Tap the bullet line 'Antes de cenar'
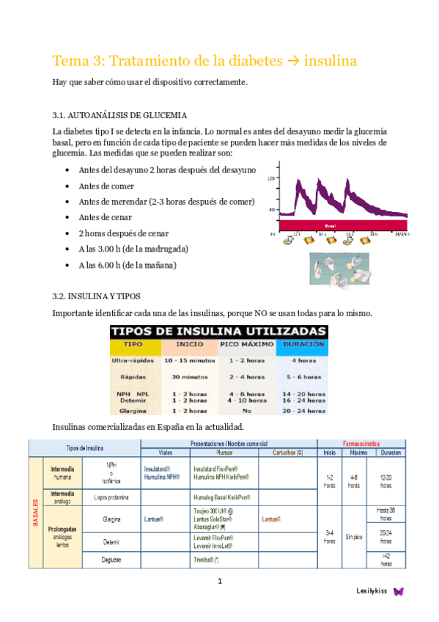[x=106, y=217]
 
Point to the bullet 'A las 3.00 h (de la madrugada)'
[x=133, y=249]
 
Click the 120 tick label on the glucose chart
[x=271, y=178]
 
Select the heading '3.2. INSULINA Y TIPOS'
[x=102, y=296]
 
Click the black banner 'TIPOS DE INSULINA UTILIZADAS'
[x=218, y=332]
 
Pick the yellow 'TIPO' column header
[x=133, y=343]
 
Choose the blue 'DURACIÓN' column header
[x=302, y=343]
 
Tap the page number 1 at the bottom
[x=219, y=582]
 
